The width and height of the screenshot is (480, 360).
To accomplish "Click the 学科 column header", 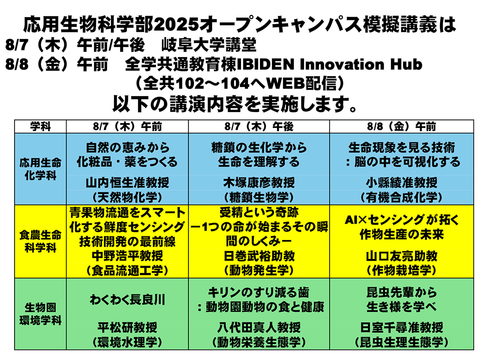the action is click(x=40, y=126).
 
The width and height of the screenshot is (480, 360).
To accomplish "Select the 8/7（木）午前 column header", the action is click(x=127, y=126).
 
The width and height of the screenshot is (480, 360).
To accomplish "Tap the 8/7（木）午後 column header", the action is click(x=259, y=126).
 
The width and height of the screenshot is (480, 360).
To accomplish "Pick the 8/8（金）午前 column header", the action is click(x=401, y=126).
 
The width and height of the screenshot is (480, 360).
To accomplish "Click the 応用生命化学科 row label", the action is click(x=40, y=169).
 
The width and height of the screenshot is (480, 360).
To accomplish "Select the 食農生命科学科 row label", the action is click(x=40, y=241).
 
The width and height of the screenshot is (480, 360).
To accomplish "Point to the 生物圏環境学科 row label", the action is click(x=40, y=314).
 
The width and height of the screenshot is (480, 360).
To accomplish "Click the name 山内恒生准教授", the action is click(x=127, y=183).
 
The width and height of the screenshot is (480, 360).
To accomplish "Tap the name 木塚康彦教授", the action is click(x=259, y=183).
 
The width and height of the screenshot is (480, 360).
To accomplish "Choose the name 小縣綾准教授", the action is click(x=401, y=183).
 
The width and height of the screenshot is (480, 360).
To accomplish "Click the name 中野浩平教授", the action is click(x=127, y=256).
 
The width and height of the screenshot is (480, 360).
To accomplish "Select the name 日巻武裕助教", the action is click(x=259, y=256).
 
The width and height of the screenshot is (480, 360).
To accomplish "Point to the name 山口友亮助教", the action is click(x=401, y=256).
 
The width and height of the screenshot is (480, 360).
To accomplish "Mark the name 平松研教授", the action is click(x=127, y=327).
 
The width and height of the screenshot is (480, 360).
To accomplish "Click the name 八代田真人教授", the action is click(x=259, y=327).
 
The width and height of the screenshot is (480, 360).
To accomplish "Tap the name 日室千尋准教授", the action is click(x=401, y=327).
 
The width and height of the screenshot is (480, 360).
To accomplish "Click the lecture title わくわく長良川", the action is click(x=127, y=299).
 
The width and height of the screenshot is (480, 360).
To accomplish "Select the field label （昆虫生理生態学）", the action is click(x=401, y=342).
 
